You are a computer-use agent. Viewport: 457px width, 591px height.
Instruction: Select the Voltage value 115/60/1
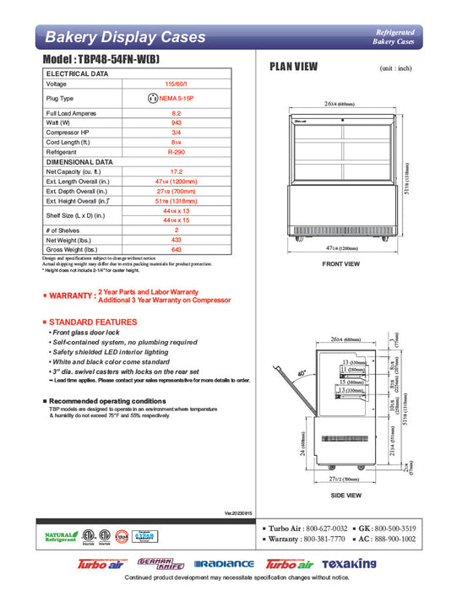[176, 84]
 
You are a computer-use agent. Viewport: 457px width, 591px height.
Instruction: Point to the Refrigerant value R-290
[176, 152]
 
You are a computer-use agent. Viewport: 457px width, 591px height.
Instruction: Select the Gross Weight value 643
[176, 249]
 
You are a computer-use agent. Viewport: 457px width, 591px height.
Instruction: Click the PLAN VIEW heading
[293, 68]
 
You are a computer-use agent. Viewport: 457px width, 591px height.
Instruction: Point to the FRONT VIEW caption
[341, 264]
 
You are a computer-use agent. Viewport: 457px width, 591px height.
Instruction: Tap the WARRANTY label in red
[69, 295]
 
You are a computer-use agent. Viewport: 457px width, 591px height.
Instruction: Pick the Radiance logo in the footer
[223, 563]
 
